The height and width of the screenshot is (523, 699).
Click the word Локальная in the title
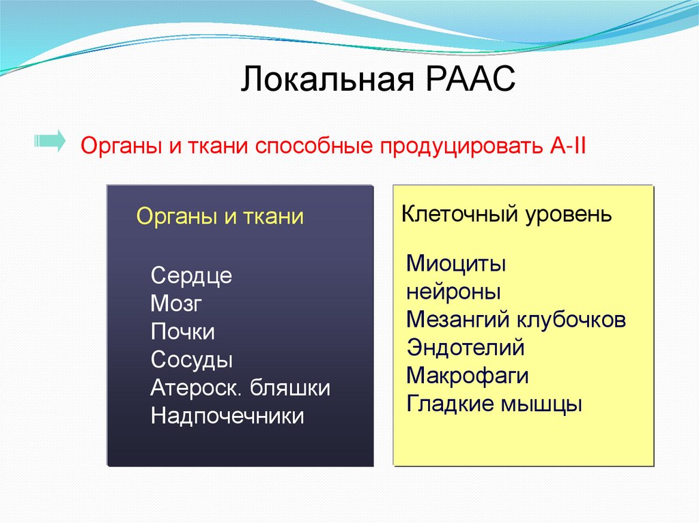(328, 79)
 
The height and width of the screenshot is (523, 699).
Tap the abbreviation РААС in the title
(471, 79)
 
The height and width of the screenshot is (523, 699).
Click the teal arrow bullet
(50, 141)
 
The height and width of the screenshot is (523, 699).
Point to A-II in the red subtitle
(567, 145)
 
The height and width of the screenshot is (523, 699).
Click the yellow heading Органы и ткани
(220, 217)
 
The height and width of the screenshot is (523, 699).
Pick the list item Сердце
(191, 275)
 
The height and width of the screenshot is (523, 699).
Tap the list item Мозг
(176, 303)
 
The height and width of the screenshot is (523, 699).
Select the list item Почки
(182, 332)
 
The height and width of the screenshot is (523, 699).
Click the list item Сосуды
(192, 360)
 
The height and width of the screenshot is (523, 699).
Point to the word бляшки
(289, 387)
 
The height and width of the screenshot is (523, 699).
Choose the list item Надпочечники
(227, 416)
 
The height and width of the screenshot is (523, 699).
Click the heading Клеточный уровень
(507, 214)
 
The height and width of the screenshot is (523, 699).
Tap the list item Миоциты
(456, 263)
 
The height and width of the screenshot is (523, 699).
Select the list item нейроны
(453, 293)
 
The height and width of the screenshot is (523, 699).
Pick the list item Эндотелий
(466, 348)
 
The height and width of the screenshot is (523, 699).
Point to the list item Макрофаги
(467, 376)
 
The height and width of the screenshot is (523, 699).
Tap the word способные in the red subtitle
(314, 147)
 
